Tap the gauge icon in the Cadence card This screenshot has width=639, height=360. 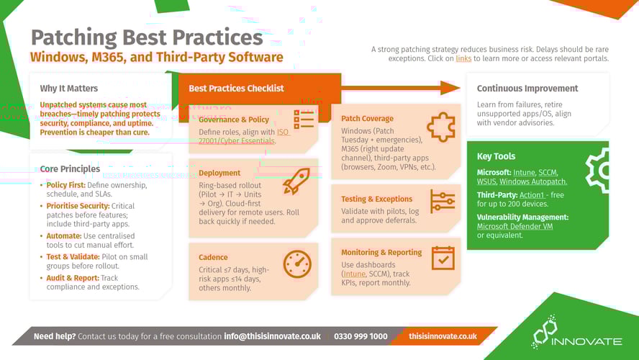(x=297, y=264)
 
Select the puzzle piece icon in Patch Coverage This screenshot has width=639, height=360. (x=440, y=127)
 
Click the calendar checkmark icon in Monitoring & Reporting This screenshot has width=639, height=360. (x=443, y=258)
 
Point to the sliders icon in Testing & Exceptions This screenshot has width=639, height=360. (x=442, y=202)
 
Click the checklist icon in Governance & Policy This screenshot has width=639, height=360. (x=304, y=120)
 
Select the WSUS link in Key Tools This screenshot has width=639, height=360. (x=486, y=182)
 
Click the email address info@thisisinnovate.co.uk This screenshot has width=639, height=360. (x=272, y=336)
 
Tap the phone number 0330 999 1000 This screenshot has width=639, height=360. (x=361, y=336)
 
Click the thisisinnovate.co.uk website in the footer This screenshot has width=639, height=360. (x=443, y=336)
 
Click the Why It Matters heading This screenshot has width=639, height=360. (x=68, y=89)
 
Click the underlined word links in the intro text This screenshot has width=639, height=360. (x=463, y=58)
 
